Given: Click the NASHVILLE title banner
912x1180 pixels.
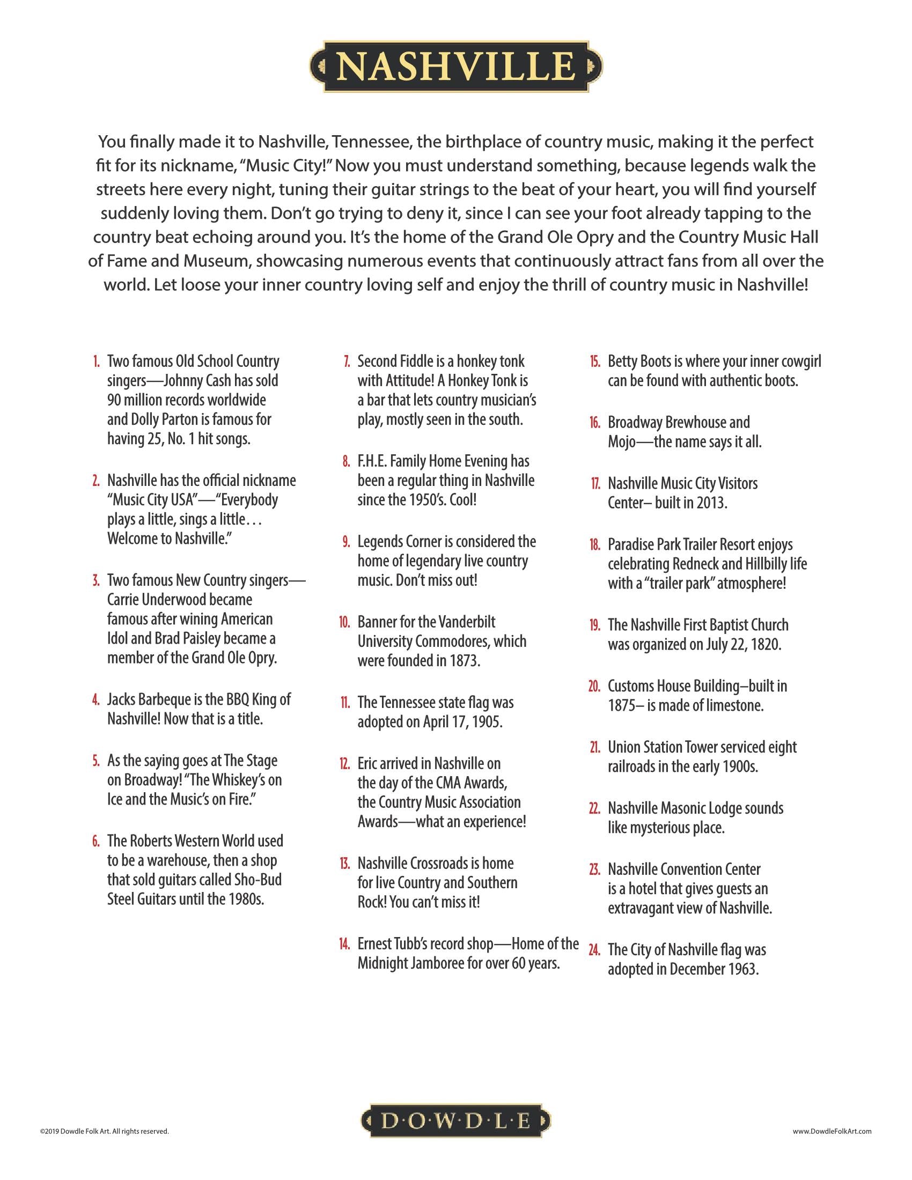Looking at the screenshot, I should (456, 67).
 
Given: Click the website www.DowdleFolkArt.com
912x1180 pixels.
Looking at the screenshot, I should (832, 1131).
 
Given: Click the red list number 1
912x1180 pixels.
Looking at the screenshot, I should (95, 362).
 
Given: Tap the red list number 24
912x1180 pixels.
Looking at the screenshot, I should (594, 950).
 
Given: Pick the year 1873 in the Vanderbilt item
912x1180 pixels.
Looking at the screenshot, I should (464, 661).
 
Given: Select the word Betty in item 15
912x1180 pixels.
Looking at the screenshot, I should (621, 362).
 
